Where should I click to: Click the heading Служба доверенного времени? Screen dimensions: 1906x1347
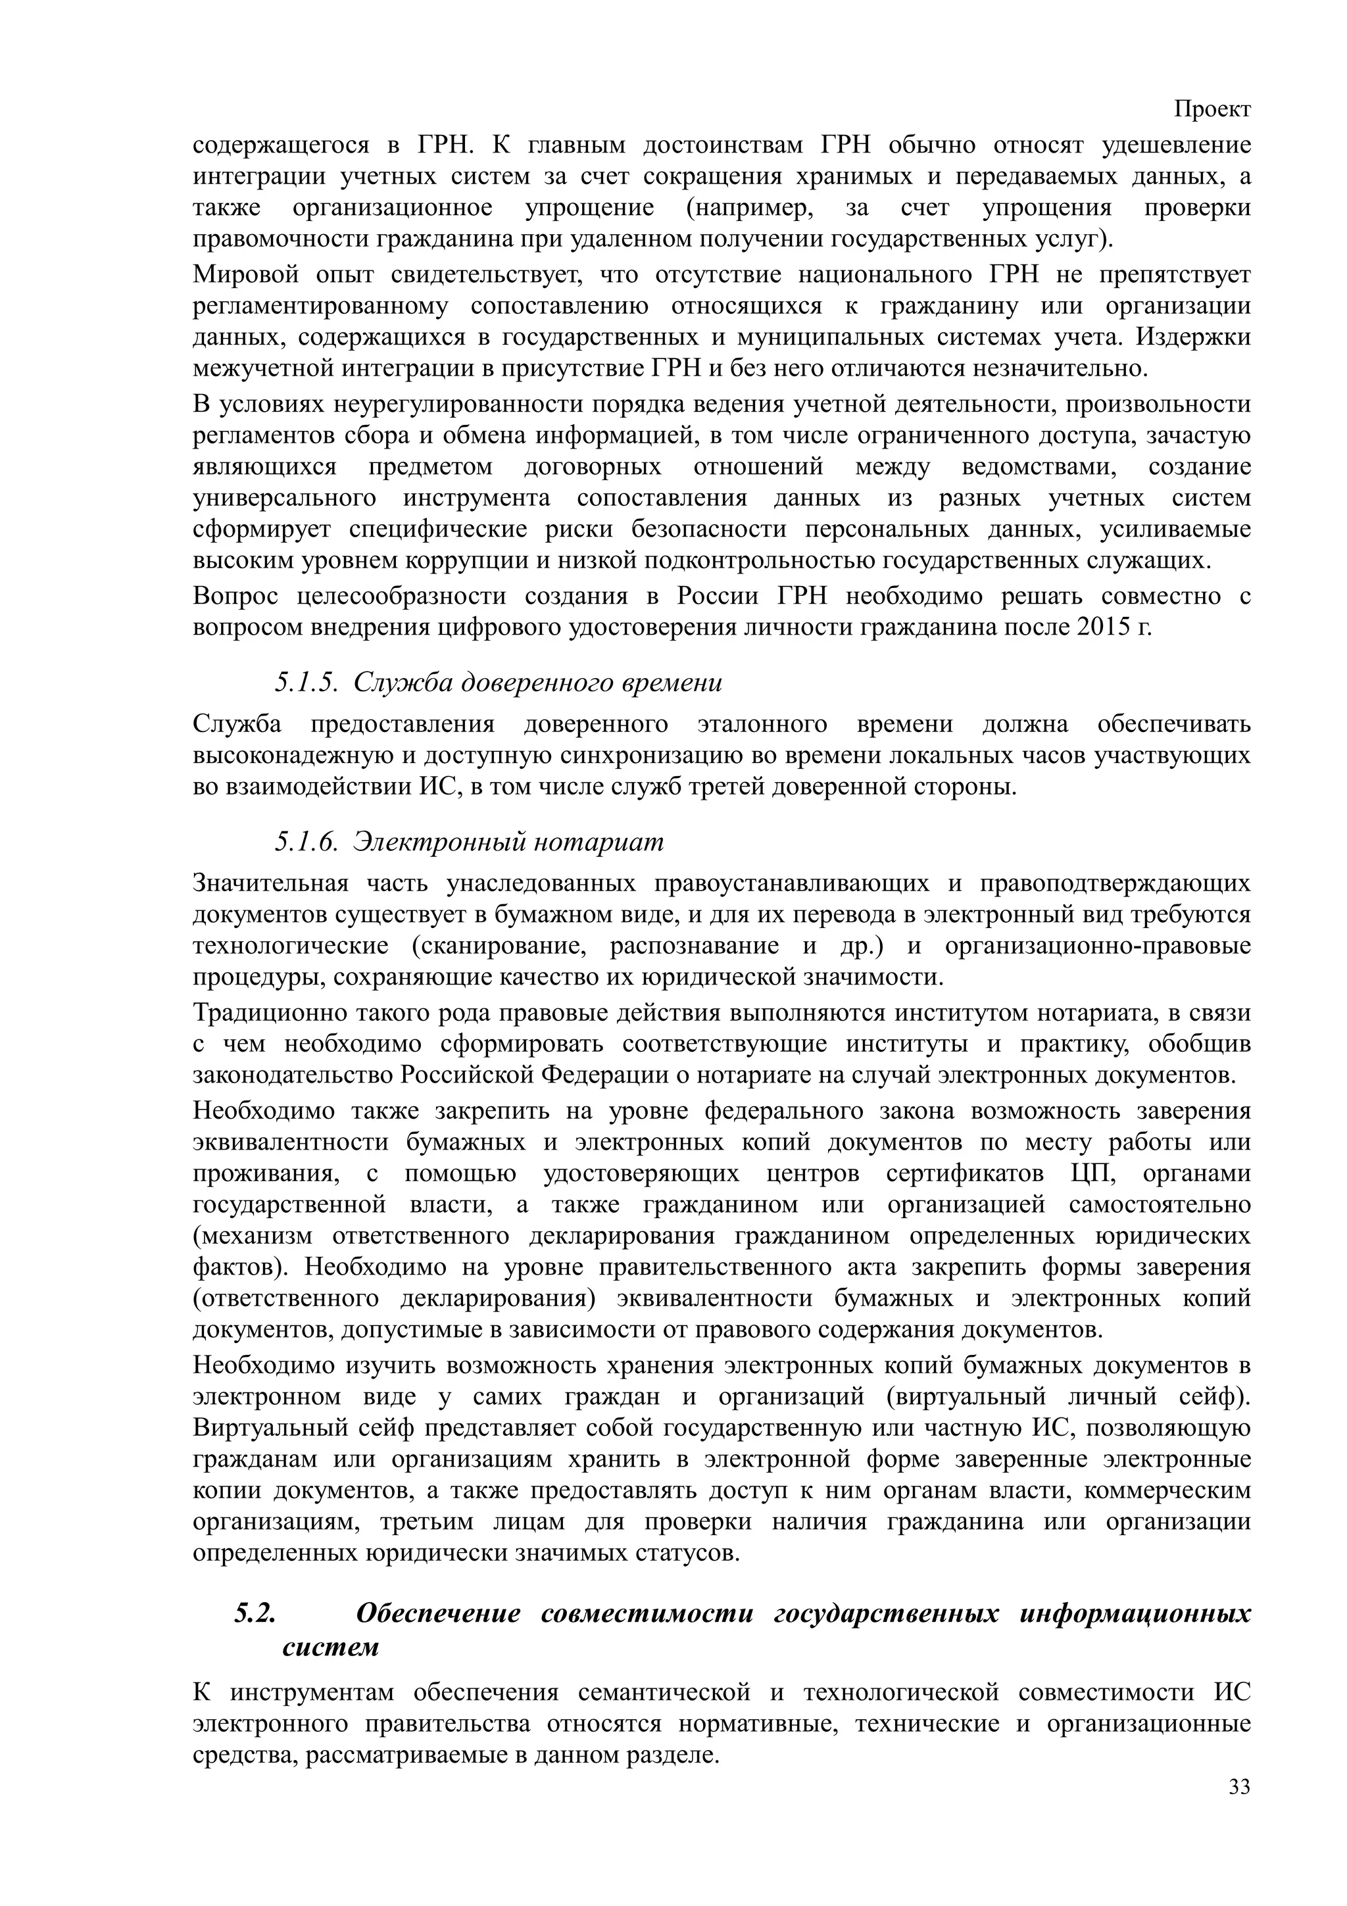pyautogui.click(x=538, y=683)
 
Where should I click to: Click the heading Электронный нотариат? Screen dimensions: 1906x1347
pyautogui.click(x=508, y=843)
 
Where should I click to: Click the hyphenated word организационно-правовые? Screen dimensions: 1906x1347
pyautogui.click(x=1097, y=946)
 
